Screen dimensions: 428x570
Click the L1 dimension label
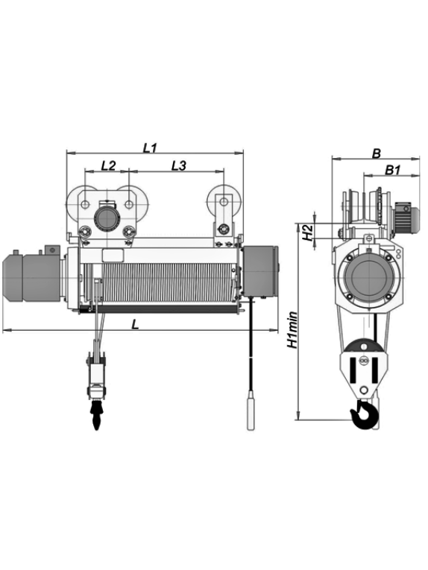click(x=149, y=148)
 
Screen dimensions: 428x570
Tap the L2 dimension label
click(x=108, y=165)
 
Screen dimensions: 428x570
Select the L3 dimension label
click(x=178, y=165)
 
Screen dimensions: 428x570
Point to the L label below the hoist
click(x=135, y=324)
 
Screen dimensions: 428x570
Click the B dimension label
click(x=377, y=153)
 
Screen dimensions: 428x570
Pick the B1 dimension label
click(x=392, y=170)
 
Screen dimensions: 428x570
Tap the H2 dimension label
click(x=309, y=232)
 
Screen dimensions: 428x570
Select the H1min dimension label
click(x=292, y=330)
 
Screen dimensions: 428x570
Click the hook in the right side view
click(x=364, y=414)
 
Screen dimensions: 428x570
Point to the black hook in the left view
click(x=96, y=415)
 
